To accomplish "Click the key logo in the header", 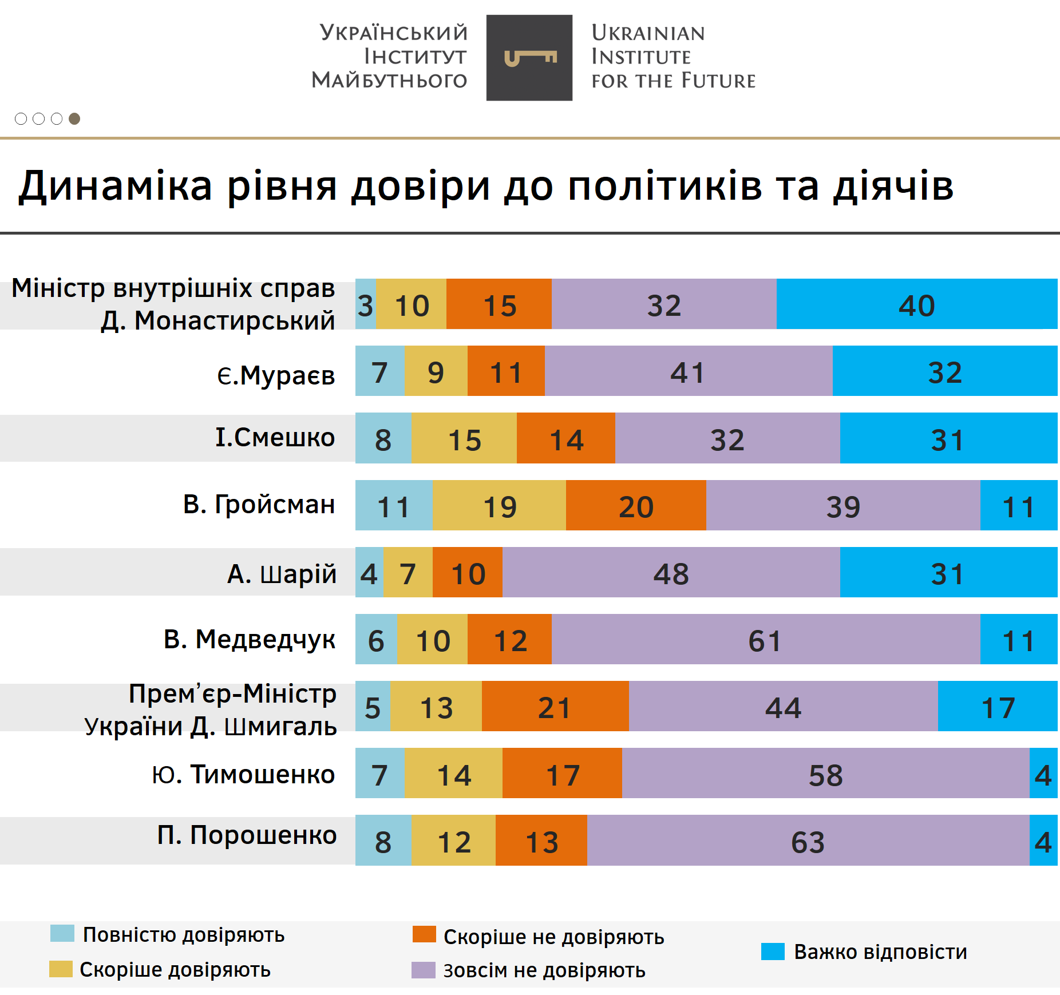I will click(x=529, y=58).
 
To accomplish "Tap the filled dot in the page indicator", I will click(x=74, y=118).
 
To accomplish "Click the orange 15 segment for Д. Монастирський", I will click(x=499, y=304).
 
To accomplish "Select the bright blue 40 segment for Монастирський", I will click(x=916, y=304).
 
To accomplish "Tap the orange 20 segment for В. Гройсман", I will click(x=636, y=505).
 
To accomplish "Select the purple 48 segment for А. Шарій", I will click(x=671, y=572).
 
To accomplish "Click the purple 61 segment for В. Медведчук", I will click(x=765, y=639).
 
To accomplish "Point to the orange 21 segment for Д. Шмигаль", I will click(x=555, y=706).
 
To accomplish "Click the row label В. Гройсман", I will click(x=259, y=505).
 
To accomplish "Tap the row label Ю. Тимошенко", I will click(x=243, y=774).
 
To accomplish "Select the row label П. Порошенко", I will click(x=247, y=835).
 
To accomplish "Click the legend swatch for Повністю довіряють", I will click(x=62, y=933).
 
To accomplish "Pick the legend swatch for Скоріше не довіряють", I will click(x=424, y=934).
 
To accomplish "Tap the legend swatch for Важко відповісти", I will click(x=773, y=952).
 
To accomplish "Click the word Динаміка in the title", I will click(x=115, y=187).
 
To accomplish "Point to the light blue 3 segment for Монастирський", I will click(x=366, y=304).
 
